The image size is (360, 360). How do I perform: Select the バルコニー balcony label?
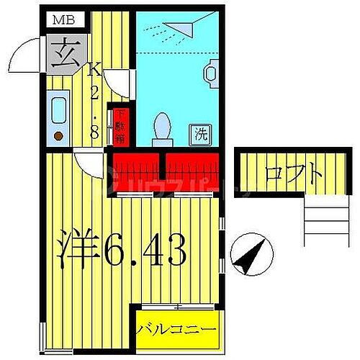point(177,329)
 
